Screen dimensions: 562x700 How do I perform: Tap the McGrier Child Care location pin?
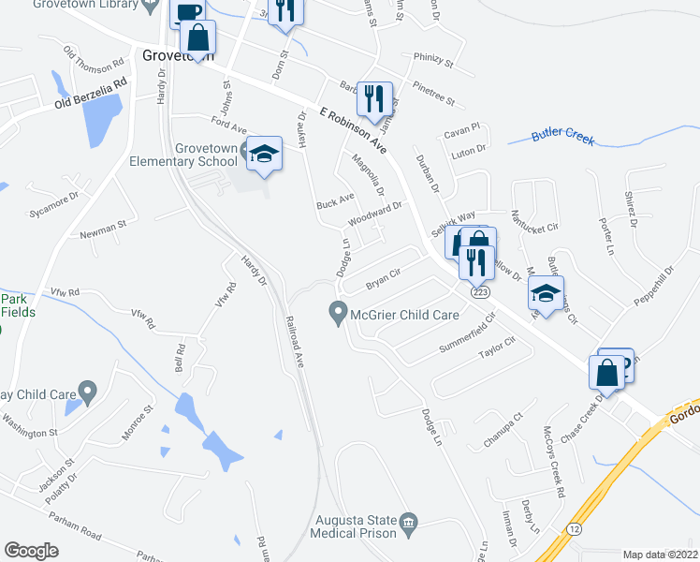click(337, 314)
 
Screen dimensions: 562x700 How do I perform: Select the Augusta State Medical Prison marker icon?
click(408, 522)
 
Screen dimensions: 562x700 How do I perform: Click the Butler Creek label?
click(563, 134)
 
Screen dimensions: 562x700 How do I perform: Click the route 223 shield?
click(480, 291)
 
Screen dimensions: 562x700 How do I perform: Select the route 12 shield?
click(574, 529)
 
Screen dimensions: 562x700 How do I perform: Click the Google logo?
click(31, 551)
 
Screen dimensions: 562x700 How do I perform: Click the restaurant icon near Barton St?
click(375, 97)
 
